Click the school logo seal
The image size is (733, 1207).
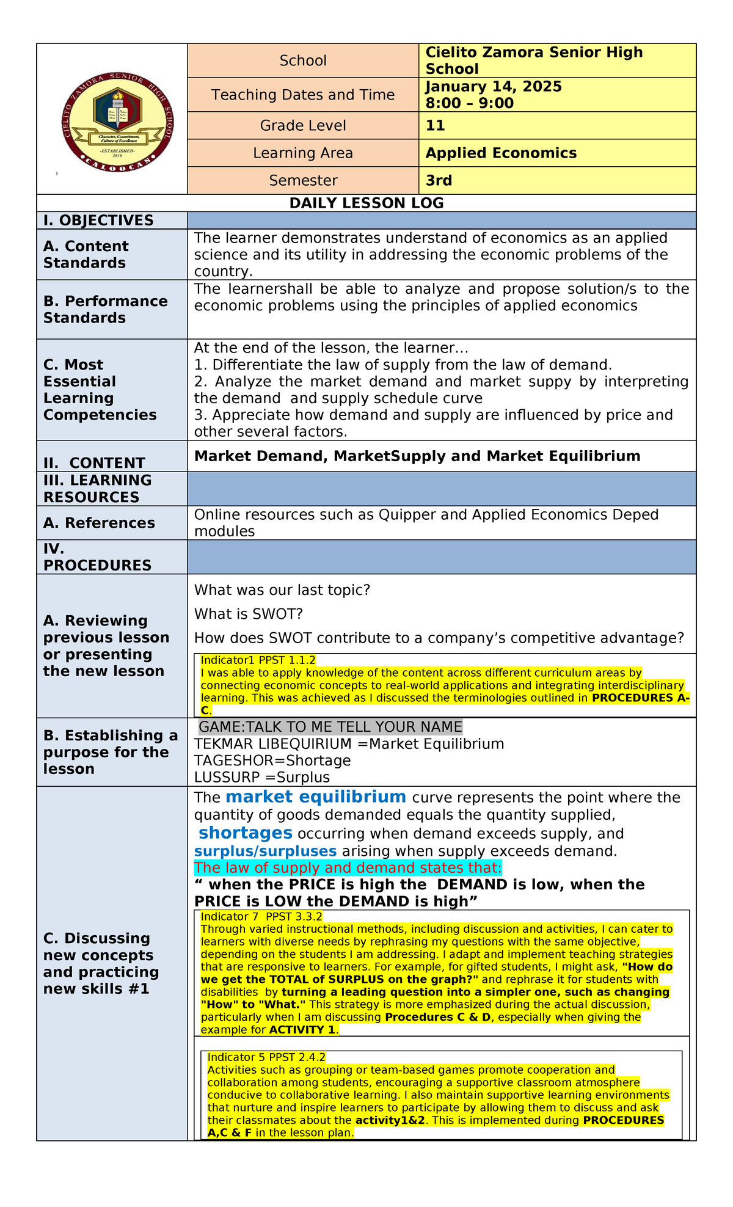[117, 122]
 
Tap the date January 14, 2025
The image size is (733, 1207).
[494, 87]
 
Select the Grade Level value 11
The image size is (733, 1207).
[436, 126]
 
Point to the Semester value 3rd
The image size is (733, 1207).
[439, 181]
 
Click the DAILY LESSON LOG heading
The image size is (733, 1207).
[366, 203]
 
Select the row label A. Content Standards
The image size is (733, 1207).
[86, 255]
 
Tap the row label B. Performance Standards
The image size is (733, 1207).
[105, 310]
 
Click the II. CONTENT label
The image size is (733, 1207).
[94, 463]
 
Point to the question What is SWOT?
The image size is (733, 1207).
[249, 614]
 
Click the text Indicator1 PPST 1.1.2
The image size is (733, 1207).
[258, 660]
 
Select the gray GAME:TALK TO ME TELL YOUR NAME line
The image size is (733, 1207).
[330, 727]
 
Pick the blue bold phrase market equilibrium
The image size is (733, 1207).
[316, 797]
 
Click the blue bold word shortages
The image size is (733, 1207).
[246, 833]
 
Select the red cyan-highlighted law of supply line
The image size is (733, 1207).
[348, 868]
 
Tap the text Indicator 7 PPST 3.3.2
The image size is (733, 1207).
[261, 917]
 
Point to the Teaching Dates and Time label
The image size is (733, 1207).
[303, 95]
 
